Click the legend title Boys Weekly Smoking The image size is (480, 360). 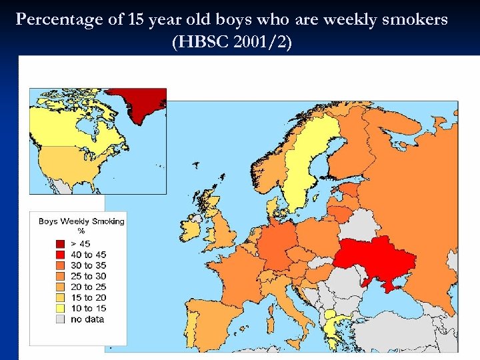(x=81, y=221)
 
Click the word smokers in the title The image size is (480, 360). (x=418, y=19)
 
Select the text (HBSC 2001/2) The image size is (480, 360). (x=231, y=43)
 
